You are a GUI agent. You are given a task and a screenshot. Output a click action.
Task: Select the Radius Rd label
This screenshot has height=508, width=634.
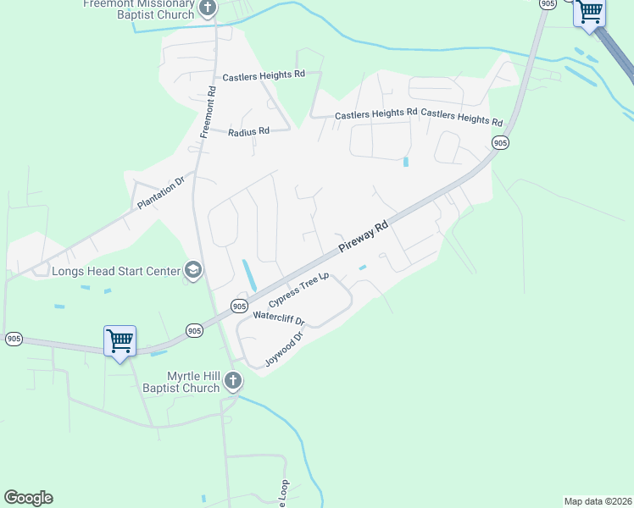248,131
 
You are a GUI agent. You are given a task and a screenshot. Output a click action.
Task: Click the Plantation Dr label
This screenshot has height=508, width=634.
161,194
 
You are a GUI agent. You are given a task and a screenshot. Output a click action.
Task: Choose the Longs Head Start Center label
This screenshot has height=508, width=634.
116,272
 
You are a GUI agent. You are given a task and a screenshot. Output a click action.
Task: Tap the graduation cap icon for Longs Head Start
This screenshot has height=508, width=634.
193,270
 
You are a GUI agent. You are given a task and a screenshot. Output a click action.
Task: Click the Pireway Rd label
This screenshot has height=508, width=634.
363,236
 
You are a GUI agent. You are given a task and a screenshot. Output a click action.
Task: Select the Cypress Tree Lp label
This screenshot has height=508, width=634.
298,290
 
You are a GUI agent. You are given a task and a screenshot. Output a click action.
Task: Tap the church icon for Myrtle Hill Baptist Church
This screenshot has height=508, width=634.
234,382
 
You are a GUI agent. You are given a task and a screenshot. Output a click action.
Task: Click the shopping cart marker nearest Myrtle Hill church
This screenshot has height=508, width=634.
120,341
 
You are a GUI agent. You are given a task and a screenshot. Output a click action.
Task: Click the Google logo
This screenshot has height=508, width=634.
28,498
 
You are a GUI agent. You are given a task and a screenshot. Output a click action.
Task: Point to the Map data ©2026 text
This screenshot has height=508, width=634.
598,500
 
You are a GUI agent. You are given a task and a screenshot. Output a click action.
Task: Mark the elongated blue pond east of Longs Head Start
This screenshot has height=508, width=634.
249,273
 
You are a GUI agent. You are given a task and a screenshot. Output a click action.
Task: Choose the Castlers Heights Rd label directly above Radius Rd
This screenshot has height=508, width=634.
263,76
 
